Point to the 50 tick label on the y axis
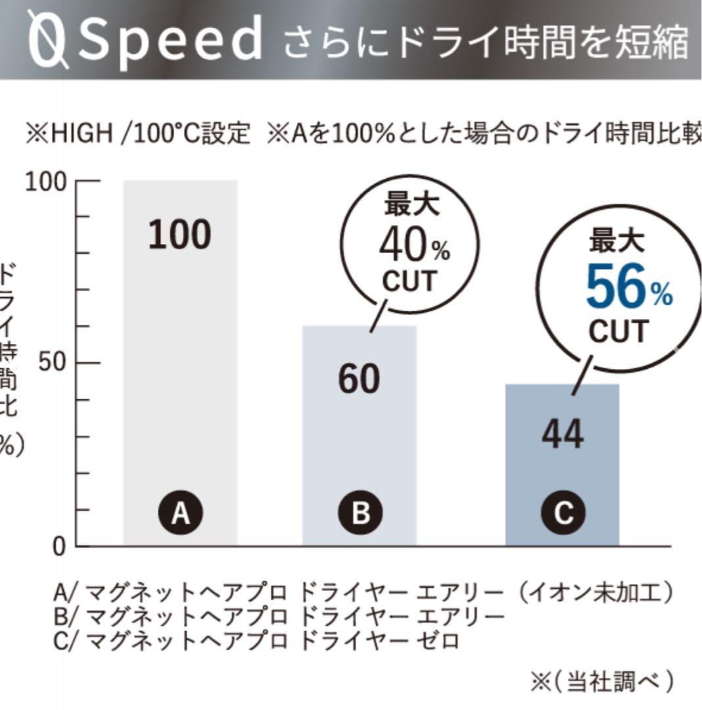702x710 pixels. point(53,363)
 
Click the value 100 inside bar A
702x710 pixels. point(179,235)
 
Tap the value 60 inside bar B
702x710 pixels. point(359,379)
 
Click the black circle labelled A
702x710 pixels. point(180,513)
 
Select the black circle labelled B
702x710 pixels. point(360,513)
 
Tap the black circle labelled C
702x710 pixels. point(563,513)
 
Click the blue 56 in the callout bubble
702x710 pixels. point(616,289)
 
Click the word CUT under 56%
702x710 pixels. point(619,331)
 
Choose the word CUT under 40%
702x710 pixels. point(409,281)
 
